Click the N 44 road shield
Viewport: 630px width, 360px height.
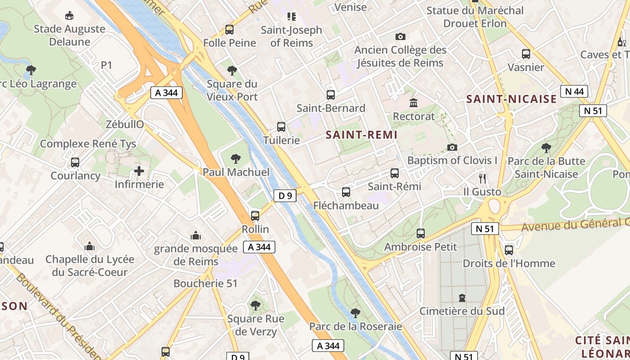pyautogui.click(x=574, y=91)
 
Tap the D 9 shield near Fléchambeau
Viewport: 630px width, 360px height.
pyautogui.click(x=285, y=196)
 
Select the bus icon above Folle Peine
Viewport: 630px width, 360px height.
pyautogui.click(x=229, y=30)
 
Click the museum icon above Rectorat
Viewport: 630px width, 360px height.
pyautogui.click(x=414, y=103)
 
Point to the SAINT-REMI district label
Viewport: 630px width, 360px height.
pyautogui.click(x=361, y=135)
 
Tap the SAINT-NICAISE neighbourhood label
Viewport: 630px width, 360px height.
pyautogui.click(x=511, y=99)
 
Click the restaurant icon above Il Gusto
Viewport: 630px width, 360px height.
pyautogui.click(x=482, y=178)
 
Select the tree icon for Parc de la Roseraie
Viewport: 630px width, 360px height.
pyautogui.click(x=355, y=313)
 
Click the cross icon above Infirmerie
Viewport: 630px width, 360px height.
pyautogui.click(x=139, y=171)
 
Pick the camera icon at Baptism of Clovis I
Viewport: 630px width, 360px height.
pyautogui.click(x=452, y=147)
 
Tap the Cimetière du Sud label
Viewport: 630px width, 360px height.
pyautogui.click(x=462, y=311)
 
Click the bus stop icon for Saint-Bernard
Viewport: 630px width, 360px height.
pyautogui.click(x=331, y=95)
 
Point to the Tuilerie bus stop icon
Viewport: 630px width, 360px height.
pyautogui.click(x=281, y=127)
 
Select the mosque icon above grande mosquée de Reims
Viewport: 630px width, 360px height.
pyautogui.click(x=196, y=235)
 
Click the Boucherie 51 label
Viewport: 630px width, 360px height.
pyautogui.click(x=205, y=283)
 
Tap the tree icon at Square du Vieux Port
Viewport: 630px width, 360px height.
pyautogui.click(x=232, y=70)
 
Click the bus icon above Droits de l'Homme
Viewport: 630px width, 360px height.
pyautogui.click(x=509, y=250)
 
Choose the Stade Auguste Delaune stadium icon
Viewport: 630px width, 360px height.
pyautogui.click(x=69, y=16)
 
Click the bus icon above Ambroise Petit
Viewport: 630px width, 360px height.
pyautogui.click(x=421, y=233)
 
